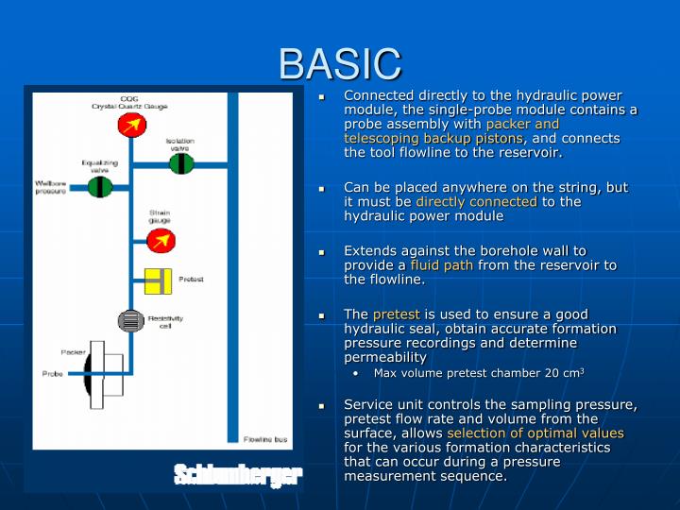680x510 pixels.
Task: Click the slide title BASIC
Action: [340, 63]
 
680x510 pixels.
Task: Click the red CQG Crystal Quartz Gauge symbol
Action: [131, 125]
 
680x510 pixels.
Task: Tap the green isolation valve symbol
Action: [181, 163]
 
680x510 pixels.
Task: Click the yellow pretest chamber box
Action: [157, 280]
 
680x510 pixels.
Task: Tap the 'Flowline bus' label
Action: [265, 440]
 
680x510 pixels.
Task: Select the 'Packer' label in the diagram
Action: [73, 351]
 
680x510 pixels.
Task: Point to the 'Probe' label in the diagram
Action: [52, 374]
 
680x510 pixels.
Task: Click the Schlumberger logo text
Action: [238, 474]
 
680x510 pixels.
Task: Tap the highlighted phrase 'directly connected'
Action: [476, 201]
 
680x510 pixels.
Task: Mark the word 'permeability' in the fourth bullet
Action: [385, 357]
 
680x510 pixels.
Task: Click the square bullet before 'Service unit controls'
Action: [323, 405]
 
